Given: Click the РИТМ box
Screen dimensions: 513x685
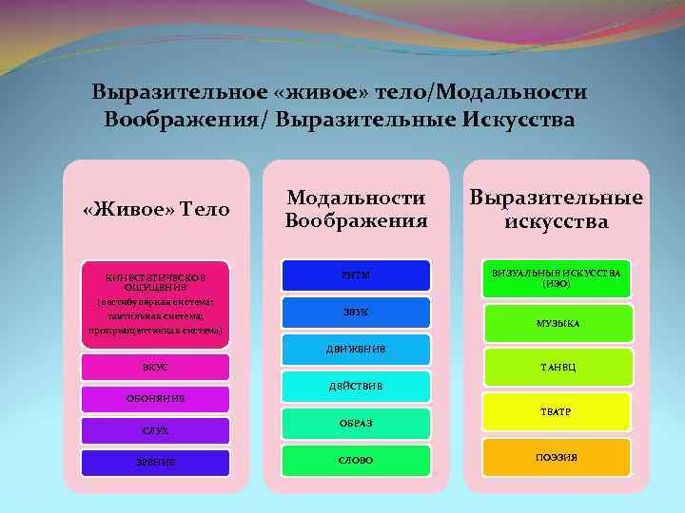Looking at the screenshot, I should tap(356, 275).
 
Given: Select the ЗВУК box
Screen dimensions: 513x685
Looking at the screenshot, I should tap(356, 312).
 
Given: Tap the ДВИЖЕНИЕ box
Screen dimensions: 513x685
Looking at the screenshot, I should tap(356, 348).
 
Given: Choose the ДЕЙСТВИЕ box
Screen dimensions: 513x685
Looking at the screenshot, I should tap(356, 385).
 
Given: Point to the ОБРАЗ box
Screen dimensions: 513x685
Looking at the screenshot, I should tap(356, 423).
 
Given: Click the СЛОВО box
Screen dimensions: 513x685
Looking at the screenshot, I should tap(356, 460).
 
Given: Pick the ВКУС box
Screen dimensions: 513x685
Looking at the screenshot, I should tap(155, 366).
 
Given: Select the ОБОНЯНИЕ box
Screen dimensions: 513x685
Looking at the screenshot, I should tap(155, 398).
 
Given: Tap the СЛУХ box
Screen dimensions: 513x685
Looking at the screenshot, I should tap(155, 430).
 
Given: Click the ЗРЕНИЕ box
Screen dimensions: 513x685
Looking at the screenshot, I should tap(155, 462).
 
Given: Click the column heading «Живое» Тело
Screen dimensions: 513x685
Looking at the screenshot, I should tap(156, 209).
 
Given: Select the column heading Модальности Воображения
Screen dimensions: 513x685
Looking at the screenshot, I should tap(356, 209).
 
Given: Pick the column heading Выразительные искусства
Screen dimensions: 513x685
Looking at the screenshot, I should tap(557, 209).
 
